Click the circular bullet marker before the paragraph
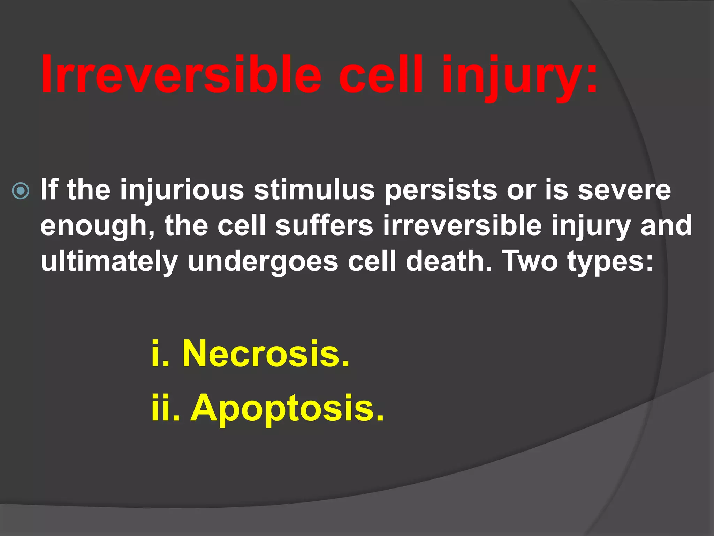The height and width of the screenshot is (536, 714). point(21,191)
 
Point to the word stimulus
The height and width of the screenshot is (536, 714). point(314,190)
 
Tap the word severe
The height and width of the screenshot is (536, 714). point(624,190)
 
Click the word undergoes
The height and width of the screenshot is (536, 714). point(263,262)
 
